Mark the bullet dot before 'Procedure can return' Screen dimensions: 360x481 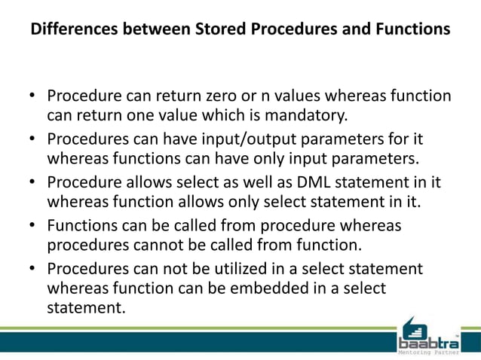32,98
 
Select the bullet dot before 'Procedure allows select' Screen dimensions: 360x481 32,183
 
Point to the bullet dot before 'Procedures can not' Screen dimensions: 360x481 32,269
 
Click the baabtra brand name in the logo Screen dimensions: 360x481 428,340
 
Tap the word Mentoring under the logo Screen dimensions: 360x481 416,352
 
